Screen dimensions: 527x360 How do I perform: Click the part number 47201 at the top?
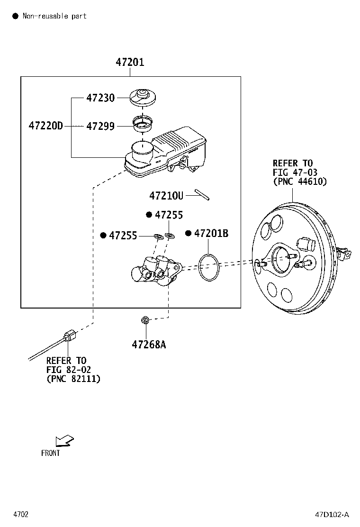pyautogui.click(x=130, y=62)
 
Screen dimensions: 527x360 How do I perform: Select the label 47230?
pyautogui.click(x=100, y=98)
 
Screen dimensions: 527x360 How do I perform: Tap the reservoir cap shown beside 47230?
pyautogui.click(x=142, y=98)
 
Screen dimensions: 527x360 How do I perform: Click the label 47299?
pyautogui.click(x=100, y=126)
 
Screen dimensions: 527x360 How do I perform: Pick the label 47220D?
pyautogui.click(x=45, y=126)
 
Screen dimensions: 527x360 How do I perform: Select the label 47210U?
pyautogui.click(x=166, y=195)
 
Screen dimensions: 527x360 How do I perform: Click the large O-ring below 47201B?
pyautogui.click(x=209, y=267)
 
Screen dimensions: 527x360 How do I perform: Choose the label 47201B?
pyautogui.click(x=211, y=233)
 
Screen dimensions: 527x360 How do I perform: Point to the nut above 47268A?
pyautogui.click(x=145, y=321)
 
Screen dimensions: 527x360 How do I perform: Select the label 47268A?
pyautogui.click(x=149, y=344)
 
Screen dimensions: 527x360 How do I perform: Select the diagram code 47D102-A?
pyautogui.click(x=332, y=514)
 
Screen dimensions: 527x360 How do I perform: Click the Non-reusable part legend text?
pyautogui.click(x=54, y=16)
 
